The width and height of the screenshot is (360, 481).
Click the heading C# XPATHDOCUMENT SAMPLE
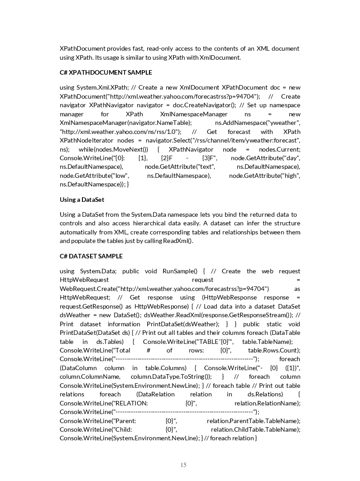(x=106, y=72)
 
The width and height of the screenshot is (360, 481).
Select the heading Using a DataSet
(x=82, y=200)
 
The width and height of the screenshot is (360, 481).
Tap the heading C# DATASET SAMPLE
(x=91, y=256)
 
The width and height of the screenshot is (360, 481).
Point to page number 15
(x=183, y=465)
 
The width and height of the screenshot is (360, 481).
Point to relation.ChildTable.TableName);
(x=255, y=429)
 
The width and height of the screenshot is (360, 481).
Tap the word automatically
(x=82, y=232)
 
